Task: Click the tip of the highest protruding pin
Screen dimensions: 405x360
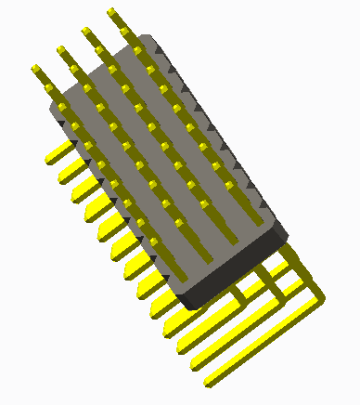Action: click(x=111, y=12)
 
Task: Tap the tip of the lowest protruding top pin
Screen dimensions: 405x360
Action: click(x=36, y=69)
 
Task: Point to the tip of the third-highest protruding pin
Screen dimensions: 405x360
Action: click(x=62, y=48)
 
